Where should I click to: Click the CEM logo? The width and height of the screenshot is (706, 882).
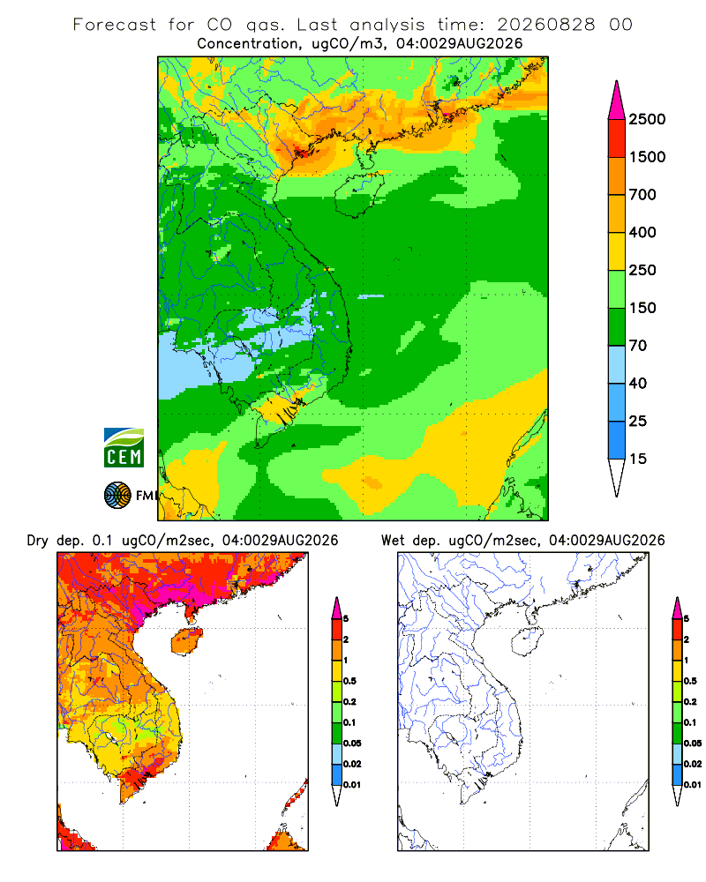pos(124,448)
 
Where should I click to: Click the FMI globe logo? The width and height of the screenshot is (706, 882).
pos(117,495)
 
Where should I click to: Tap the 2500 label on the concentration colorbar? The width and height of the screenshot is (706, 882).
pos(647,119)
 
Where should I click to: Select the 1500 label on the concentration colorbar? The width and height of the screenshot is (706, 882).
pos(647,157)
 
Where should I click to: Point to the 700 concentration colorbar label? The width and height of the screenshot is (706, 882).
pos(642,195)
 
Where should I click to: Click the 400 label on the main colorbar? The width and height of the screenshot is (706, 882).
pos(642,232)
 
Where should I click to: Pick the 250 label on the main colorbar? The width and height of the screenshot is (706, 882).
pos(642,270)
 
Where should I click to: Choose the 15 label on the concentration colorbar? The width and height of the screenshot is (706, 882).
pos(638,459)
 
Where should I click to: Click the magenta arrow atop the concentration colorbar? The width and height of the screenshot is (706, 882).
pos(617,101)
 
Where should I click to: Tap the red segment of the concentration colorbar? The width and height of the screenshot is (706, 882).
pos(617,138)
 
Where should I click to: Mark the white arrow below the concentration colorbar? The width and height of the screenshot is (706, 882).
pos(617,477)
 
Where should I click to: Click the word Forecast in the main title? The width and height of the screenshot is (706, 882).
pos(115,25)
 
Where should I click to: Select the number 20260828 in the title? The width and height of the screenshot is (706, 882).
pos(545,25)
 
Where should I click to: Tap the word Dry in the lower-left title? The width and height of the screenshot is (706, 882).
pos(37,541)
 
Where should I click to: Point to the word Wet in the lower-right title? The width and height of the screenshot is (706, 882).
pos(393,541)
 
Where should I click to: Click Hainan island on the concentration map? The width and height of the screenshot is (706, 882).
pos(360,194)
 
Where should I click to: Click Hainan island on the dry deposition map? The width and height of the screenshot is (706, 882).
pos(187,641)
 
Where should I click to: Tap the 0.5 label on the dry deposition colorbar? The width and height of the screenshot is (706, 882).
pos(349,681)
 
